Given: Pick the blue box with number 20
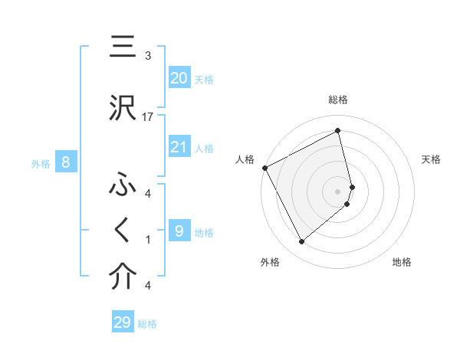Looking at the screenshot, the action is [x=179, y=78].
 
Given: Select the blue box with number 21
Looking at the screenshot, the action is [x=179, y=147].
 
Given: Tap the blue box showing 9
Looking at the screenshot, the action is [x=179, y=231].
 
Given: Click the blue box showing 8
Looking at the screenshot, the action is [x=66, y=162].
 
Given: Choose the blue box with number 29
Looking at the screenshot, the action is [x=123, y=322].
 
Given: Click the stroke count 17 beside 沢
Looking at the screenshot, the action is [x=148, y=117].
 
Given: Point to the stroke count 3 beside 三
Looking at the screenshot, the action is [x=148, y=56].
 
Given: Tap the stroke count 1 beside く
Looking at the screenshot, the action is [x=148, y=240].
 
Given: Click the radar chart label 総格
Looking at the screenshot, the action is [x=338, y=100].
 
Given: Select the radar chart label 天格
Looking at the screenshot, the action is [x=431, y=159].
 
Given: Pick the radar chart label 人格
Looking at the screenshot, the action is [x=245, y=159].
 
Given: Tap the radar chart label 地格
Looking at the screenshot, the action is [x=402, y=262].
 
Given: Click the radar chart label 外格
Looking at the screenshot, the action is [x=270, y=262].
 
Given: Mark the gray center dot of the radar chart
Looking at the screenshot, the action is [x=338, y=191].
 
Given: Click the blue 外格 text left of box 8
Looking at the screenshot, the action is [x=40, y=163].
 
